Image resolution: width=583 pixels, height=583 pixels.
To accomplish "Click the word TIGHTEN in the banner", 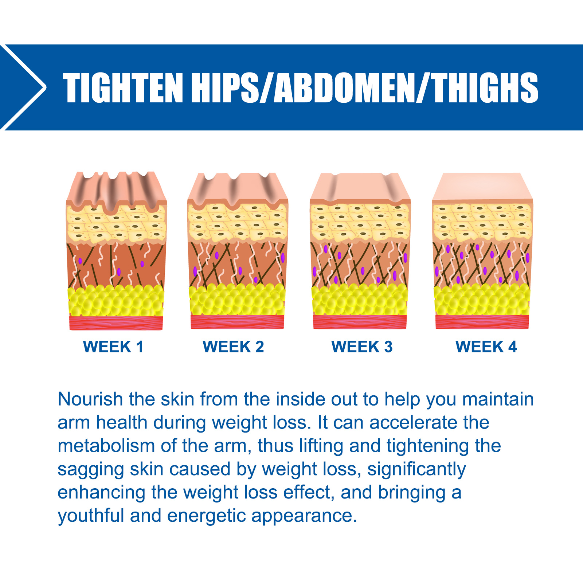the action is pos(123,87).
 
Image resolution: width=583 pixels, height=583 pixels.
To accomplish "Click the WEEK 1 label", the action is pos(113,347).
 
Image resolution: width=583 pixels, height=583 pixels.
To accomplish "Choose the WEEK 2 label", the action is pos(233,347).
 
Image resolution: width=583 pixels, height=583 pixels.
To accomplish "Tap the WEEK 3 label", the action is pos(362,347).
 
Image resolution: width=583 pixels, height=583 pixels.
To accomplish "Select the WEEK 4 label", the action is pos(486,347).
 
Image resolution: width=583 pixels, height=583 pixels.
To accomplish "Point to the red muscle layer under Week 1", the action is pos(116,323).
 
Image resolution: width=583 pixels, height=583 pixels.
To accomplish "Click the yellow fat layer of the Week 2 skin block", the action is pos(237,300).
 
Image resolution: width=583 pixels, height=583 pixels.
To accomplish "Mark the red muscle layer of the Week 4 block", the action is pos(482,322).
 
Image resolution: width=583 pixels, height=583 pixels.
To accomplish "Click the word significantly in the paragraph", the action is pos(416,470).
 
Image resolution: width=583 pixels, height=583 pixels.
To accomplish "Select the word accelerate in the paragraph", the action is pos(413,422).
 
